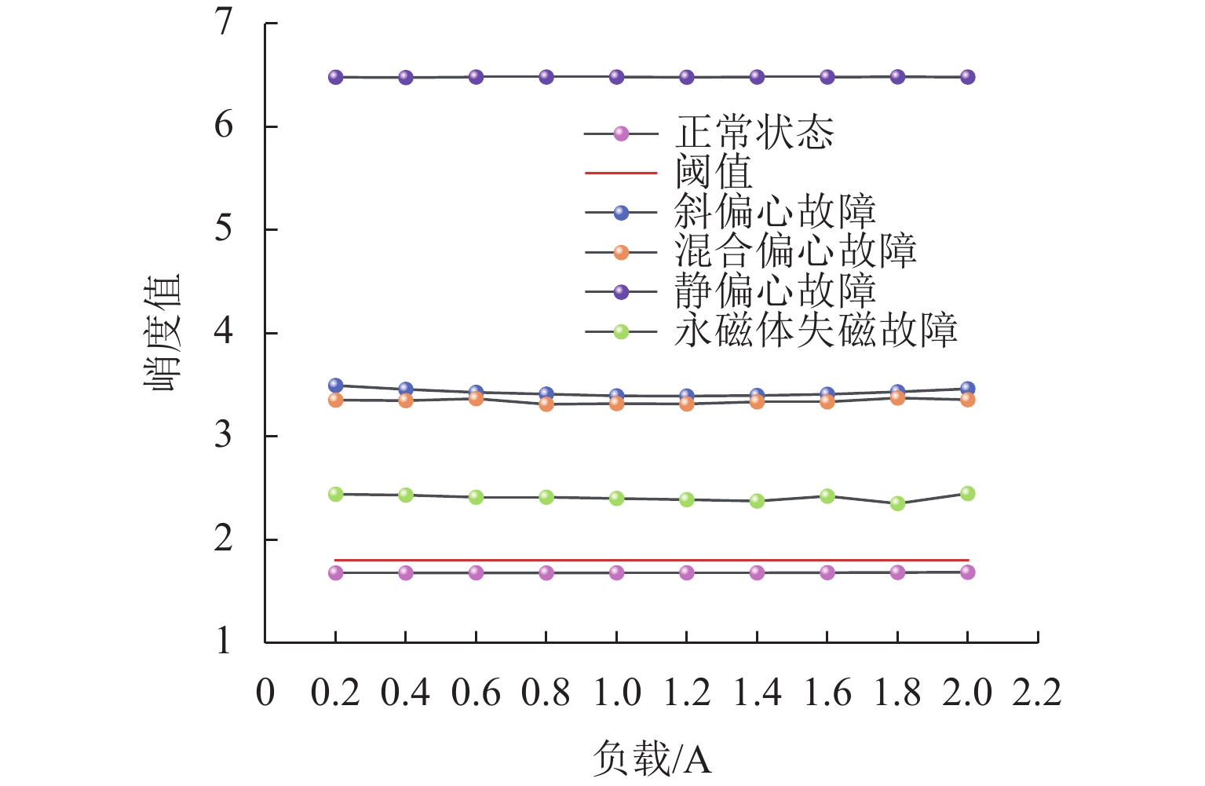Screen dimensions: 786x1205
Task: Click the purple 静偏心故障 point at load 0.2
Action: click(x=336, y=77)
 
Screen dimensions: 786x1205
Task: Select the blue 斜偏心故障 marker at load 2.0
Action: click(x=967, y=389)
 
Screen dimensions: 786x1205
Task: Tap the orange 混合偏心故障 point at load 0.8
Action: click(x=546, y=404)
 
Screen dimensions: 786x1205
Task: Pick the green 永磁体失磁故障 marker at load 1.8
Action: click(x=897, y=503)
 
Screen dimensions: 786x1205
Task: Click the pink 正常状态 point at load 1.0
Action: click(x=616, y=572)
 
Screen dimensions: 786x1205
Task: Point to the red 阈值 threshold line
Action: click(x=652, y=560)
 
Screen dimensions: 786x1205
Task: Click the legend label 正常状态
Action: click(x=754, y=133)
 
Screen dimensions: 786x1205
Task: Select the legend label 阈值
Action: click(x=713, y=172)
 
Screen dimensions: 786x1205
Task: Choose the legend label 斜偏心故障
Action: click(x=774, y=212)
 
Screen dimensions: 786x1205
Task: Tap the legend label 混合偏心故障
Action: click(x=794, y=252)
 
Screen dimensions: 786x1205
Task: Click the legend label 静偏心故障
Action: click(x=774, y=291)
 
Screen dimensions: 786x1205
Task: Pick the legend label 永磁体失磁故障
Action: click(x=815, y=331)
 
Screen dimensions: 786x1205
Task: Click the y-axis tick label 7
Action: click(x=225, y=22)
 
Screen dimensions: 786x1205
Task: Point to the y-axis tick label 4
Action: click(x=225, y=331)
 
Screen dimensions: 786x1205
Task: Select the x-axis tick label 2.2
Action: click(x=1036, y=693)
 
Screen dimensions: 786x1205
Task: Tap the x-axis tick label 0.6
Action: click(x=476, y=693)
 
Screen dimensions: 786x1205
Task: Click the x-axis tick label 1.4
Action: click(x=756, y=693)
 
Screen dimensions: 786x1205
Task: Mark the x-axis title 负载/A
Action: click(x=652, y=759)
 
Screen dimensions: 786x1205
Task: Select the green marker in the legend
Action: click(x=621, y=331)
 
